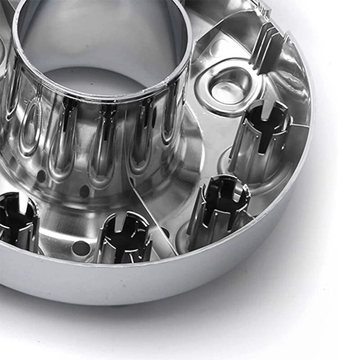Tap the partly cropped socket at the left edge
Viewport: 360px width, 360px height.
(18, 220)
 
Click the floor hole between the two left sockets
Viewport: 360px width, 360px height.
(81, 248)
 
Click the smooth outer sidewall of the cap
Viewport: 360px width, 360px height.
(180, 288)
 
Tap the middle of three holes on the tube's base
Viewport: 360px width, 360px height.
(84, 191)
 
